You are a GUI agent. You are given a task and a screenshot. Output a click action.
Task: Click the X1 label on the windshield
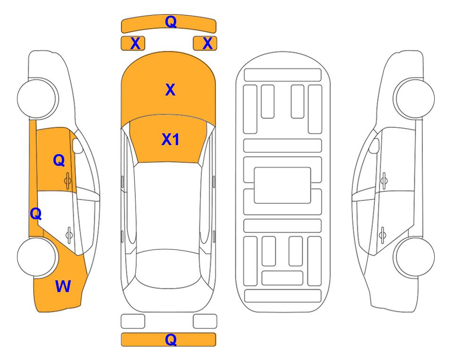pos(171,139)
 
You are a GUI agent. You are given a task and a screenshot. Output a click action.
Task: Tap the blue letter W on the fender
pos(63,286)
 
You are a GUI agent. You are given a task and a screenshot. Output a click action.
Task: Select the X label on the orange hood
pos(171,90)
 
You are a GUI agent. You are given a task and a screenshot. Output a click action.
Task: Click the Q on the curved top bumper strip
pos(171,22)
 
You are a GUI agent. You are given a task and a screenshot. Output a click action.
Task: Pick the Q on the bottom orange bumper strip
pos(171,339)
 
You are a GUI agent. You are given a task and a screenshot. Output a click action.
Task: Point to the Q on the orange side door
pos(59,160)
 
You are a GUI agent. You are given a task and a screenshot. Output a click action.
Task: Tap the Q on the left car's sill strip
pos(36,214)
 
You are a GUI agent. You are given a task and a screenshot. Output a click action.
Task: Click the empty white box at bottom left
pos(133,321)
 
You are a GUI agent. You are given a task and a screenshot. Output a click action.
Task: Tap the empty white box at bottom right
pos(205,321)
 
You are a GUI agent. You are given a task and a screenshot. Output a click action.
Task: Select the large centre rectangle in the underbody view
pos(283,185)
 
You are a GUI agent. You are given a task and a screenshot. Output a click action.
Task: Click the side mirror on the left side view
pos(77,146)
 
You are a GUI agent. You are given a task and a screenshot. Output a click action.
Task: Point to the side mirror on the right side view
pos(374,146)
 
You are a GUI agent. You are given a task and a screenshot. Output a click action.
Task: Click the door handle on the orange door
pos(68,181)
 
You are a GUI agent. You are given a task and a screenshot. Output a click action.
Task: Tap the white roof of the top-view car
pos(168,206)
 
